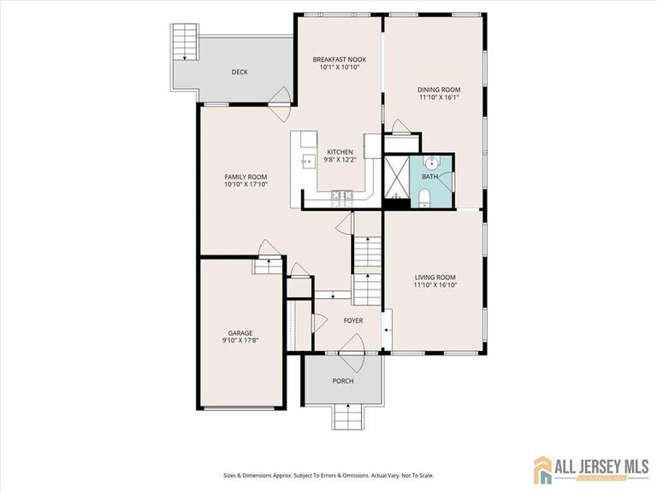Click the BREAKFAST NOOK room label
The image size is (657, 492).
click(x=339, y=60)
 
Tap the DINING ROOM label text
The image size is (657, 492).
click(x=439, y=90)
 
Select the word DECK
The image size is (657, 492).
click(x=240, y=73)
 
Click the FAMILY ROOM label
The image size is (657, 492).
click(x=246, y=176)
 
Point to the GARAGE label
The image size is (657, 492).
click(x=240, y=333)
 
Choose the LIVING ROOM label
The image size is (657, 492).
click(x=435, y=278)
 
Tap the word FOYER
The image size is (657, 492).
click(x=353, y=321)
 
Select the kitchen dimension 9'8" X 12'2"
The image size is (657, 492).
click(x=339, y=160)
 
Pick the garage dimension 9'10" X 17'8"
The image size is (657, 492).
click(x=240, y=341)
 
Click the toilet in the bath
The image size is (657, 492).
click(x=424, y=200)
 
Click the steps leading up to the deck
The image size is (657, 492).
click(x=184, y=42)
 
